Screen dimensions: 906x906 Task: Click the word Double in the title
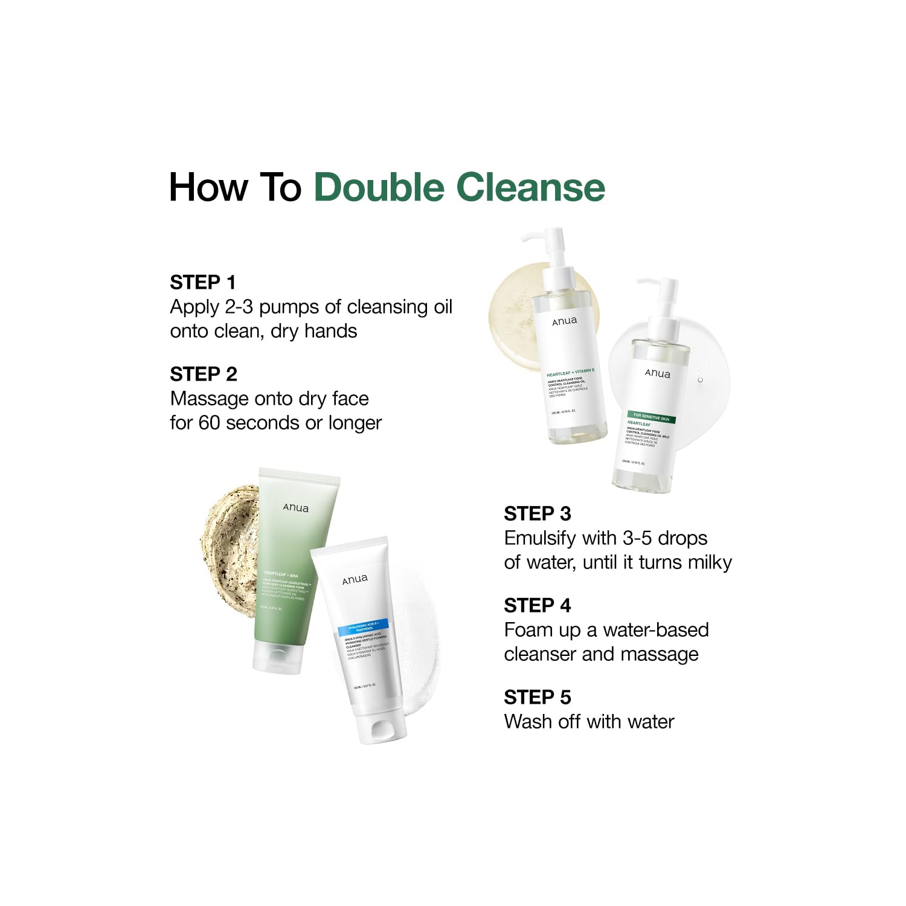[x=379, y=187]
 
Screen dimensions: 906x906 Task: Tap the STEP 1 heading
[x=202, y=282]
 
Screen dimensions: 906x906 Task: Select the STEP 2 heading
[x=203, y=374]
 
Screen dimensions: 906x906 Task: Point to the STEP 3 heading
[x=537, y=513]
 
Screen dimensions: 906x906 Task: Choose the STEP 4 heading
[x=537, y=605]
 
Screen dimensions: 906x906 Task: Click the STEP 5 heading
[x=537, y=697]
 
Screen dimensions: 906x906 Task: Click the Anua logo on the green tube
[x=295, y=508]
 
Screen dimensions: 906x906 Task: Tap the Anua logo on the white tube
[x=355, y=580]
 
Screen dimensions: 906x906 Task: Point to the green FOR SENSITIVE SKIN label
[x=651, y=417]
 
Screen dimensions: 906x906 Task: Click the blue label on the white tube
[x=363, y=629]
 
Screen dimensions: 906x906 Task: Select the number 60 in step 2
[x=209, y=423]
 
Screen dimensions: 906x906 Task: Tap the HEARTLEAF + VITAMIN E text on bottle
[x=570, y=372]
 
